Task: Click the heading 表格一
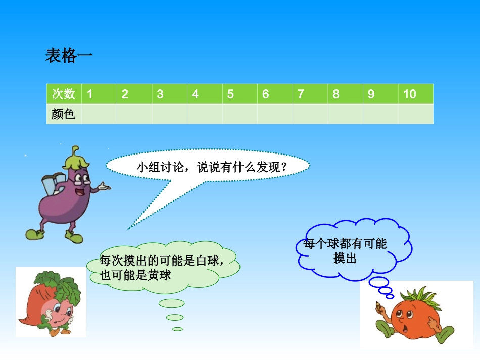tap(69, 56)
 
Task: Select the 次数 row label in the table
tap(64, 94)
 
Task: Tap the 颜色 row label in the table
tap(64, 114)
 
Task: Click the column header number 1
tap(90, 94)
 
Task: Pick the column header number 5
tap(230, 94)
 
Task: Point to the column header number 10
tap(410, 94)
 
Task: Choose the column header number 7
tap(301, 94)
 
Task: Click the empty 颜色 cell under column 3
tap(169, 114)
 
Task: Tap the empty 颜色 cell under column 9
tap(380, 114)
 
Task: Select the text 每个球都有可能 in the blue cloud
tap(345, 244)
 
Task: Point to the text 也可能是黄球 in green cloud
tap(136, 275)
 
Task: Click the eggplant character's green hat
tap(75, 159)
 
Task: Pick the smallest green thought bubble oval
tap(177, 329)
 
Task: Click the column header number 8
tap(336, 94)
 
